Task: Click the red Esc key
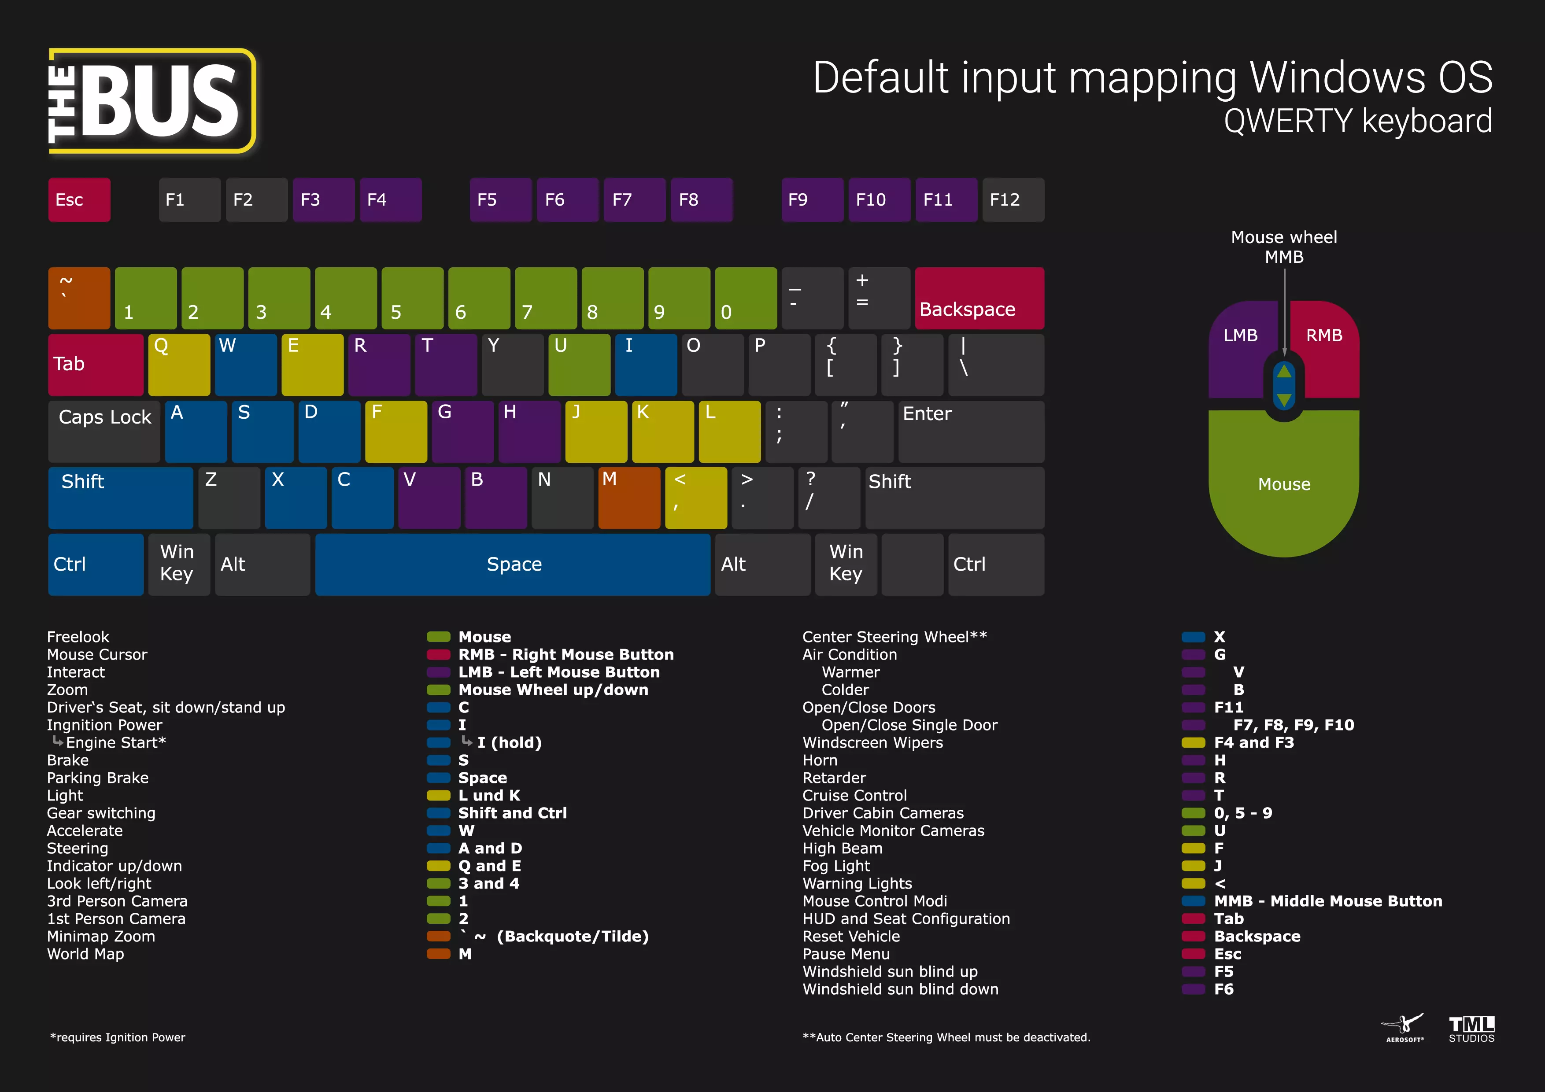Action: [x=79, y=200]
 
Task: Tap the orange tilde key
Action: [x=79, y=298]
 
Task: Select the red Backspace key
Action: [x=979, y=298]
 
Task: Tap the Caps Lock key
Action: [x=104, y=431]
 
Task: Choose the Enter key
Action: [x=970, y=431]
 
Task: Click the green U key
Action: [x=579, y=365]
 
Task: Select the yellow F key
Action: [x=395, y=431]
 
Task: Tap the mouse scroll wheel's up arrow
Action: [x=1284, y=371]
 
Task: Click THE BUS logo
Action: [x=152, y=101]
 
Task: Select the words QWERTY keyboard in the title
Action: [x=1357, y=121]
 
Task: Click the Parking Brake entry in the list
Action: [x=98, y=778]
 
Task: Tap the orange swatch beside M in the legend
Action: [x=438, y=954]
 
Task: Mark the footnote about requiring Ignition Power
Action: [x=118, y=1037]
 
